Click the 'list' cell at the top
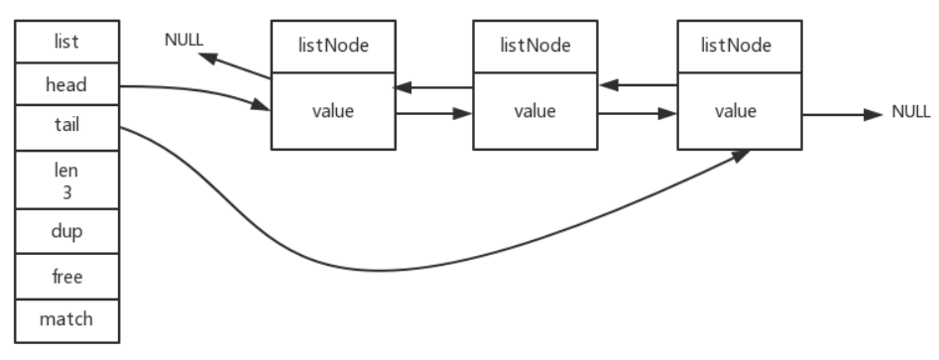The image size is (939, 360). pyautogui.click(x=67, y=42)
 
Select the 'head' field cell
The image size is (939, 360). pyautogui.click(x=67, y=84)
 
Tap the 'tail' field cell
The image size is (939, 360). pyautogui.click(x=67, y=128)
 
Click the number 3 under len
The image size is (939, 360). pyautogui.click(x=67, y=192)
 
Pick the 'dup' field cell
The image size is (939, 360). pyautogui.click(x=67, y=231)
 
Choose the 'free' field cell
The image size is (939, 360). pyautogui.click(x=67, y=277)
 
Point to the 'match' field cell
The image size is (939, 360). pyautogui.click(x=67, y=320)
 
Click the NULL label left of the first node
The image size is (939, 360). pyautogui.click(x=183, y=40)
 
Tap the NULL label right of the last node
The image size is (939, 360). pyautogui.click(x=911, y=112)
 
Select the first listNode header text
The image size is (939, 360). pyautogui.click(x=333, y=46)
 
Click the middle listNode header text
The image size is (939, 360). pyautogui.click(x=535, y=46)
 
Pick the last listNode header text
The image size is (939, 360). pyautogui.click(x=736, y=46)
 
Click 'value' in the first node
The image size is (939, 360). pyautogui.click(x=333, y=111)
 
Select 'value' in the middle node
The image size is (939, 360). pyautogui.click(x=534, y=111)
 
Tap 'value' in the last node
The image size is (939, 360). pyautogui.click(x=736, y=111)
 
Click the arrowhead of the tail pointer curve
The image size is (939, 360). pyautogui.click(x=742, y=156)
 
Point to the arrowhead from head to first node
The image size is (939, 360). pyautogui.click(x=261, y=105)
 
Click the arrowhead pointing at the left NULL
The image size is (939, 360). pyautogui.click(x=207, y=59)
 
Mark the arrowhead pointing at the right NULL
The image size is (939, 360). pyautogui.click(x=874, y=114)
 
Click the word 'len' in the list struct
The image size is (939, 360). pyautogui.click(x=66, y=171)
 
